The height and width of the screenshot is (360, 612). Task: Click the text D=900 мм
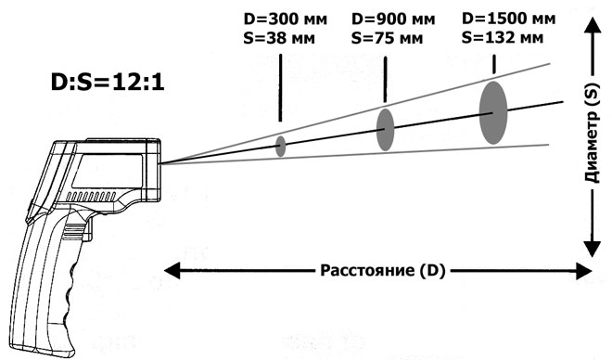coord(391,19)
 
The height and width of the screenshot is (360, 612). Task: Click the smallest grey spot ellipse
coord(280,144)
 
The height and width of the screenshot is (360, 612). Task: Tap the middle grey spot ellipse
coord(385,129)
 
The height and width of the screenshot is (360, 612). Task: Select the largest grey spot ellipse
coord(493,112)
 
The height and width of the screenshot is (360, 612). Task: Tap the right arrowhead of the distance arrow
coord(584,272)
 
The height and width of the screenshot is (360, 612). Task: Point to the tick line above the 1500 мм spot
coord(493,61)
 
